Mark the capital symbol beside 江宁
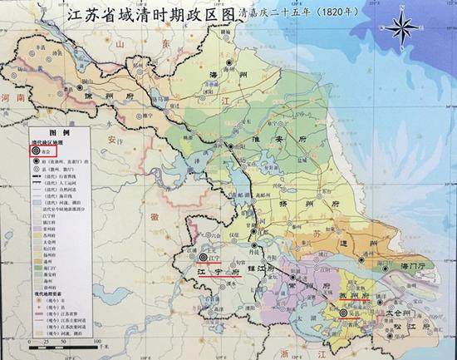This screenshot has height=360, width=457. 204,257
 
